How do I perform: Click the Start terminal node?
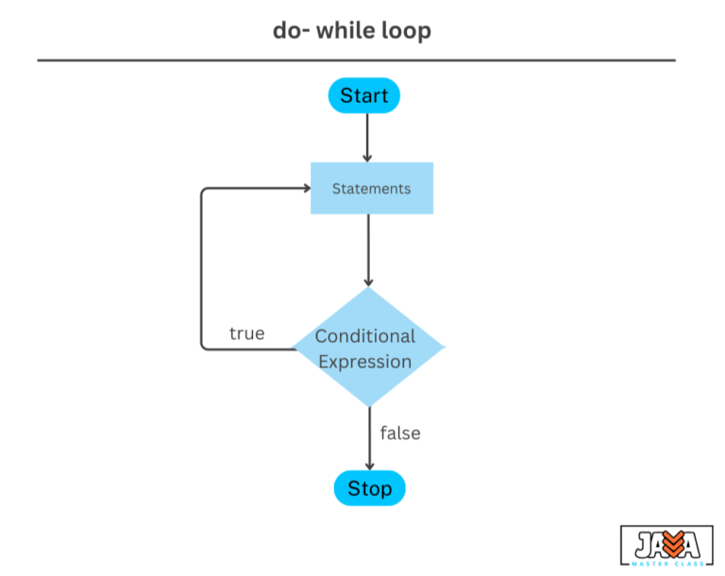point(364,95)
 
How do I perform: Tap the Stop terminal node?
point(369,488)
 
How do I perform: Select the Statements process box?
point(372,188)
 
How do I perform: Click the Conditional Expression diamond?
point(368,348)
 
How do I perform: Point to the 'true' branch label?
point(246,333)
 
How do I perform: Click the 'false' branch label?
point(400,433)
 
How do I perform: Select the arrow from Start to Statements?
point(367,137)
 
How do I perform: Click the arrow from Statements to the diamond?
point(368,249)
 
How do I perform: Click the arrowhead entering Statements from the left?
point(305,188)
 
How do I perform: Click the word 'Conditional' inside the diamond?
point(364,336)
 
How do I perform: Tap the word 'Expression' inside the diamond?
point(364,362)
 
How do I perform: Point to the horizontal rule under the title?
point(357,60)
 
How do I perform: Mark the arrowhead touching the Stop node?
point(369,465)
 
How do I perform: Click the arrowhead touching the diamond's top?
point(368,281)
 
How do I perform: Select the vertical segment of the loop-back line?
point(201,269)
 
